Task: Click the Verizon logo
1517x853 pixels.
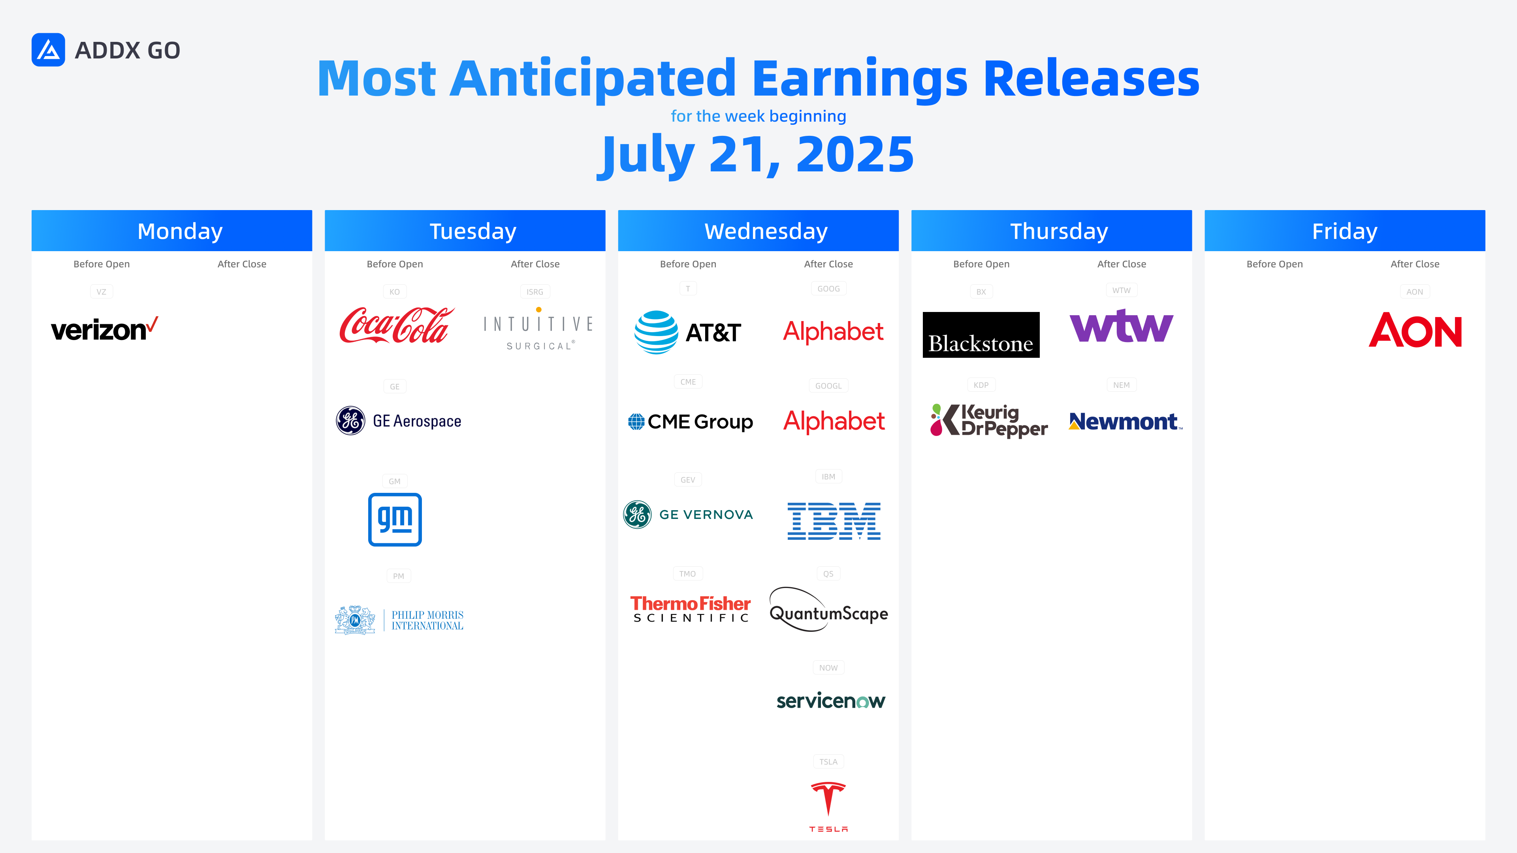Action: click(104, 329)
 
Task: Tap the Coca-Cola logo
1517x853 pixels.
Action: click(397, 325)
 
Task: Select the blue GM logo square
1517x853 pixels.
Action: click(395, 519)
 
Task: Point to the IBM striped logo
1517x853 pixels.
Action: click(834, 521)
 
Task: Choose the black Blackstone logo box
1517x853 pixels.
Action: click(981, 334)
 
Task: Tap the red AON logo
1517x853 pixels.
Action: click(1415, 330)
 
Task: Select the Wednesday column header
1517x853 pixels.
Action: click(758, 231)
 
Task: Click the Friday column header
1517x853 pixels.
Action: click(1345, 231)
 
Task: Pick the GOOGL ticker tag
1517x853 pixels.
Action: click(828, 385)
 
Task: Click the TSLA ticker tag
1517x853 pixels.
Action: click(828, 762)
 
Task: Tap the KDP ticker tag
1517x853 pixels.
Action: click(981, 385)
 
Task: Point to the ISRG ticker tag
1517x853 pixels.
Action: click(535, 291)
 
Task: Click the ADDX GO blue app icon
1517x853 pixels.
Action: click(48, 50)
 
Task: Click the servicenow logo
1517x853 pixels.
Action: click(830, 701)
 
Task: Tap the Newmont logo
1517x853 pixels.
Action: click(1126, 421)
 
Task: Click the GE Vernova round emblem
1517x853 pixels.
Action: click(637, 515)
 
